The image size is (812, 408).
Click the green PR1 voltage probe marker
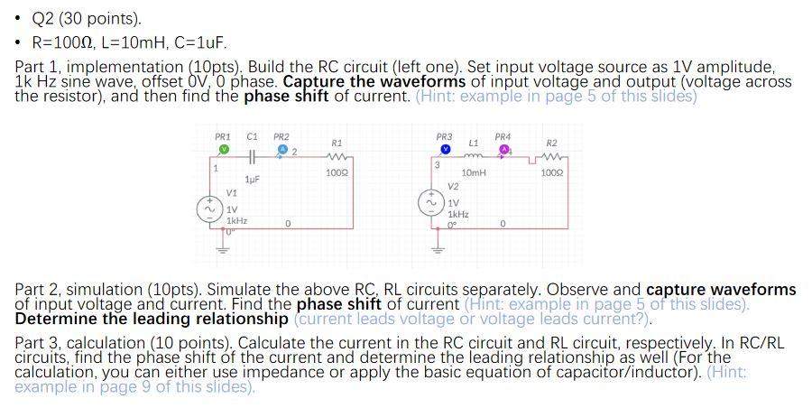coord(223,149)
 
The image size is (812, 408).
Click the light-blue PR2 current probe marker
coord(281,149)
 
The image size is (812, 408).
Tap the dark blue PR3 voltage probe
coord(445,149)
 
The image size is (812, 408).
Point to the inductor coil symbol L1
coord(473,155)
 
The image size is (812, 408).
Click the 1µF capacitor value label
coord(252,181)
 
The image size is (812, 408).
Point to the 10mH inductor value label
coord(473,172)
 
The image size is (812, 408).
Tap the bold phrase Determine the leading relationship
coord(152,319)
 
